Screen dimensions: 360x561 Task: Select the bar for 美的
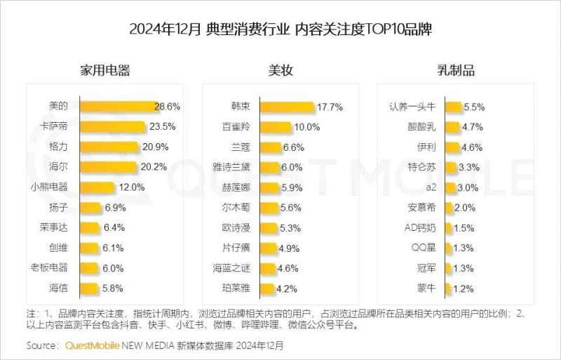pyautogui.click(x=117, y=107)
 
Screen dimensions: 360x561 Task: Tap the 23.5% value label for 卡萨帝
pyautogui.click(x=162, y=127)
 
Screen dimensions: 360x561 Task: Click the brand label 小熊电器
pyautogui.click(x=49, y=187)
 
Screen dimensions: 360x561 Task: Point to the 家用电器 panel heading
pyautogui.click(x=105, y=70)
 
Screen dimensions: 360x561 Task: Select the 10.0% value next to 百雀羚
pyautogui.click(x=306, y=127)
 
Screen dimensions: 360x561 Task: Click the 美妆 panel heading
pyautogui.click(x=280, y=70)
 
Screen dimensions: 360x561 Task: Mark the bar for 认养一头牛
pyautogui.click(x=452, y=107)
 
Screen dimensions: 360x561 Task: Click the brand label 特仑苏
pyautogui.click(x=422, y=167)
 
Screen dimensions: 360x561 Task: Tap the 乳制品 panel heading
pyautogui.click(x=456, y=70)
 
